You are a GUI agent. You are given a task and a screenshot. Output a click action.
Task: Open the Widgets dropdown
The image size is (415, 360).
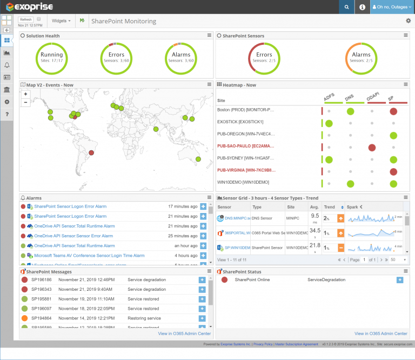(x=61, y=21)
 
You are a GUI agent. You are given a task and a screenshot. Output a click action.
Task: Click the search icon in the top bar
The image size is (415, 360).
(x=346, y=7)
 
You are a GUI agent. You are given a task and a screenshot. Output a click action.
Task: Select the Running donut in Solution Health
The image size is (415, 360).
(x=51, y=57)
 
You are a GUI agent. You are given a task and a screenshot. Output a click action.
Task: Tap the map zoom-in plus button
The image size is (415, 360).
(x=25, y=94)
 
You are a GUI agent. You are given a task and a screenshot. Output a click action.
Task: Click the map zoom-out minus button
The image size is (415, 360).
(x=25, y=102)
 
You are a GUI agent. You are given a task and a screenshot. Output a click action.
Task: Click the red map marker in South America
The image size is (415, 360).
(x=91, y=153)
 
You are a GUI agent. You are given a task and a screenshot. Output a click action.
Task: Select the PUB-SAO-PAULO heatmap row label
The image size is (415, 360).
(x=246, y=146)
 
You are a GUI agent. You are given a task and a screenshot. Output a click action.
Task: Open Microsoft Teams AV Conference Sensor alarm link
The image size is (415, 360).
(x=89, y=255)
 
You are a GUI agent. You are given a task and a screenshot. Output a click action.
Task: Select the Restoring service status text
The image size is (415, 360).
(x=144, y=318)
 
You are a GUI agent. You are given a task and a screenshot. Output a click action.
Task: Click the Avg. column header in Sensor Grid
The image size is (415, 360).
(x=314, y=207)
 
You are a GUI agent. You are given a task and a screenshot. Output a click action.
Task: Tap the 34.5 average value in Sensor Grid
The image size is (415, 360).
(x=315, y=231)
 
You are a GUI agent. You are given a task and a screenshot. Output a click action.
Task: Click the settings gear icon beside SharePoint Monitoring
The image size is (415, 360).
(x=408, y=21)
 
